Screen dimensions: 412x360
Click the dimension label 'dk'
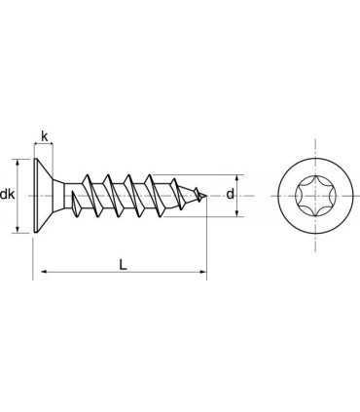tap(8, 196)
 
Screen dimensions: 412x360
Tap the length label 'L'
tap(121, 264)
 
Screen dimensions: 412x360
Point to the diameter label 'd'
tap(230, 195)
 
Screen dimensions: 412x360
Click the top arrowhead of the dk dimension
tap(19, 163)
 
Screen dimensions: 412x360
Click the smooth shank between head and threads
tap(68, 196)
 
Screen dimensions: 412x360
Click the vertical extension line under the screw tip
tap(206, 243)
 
